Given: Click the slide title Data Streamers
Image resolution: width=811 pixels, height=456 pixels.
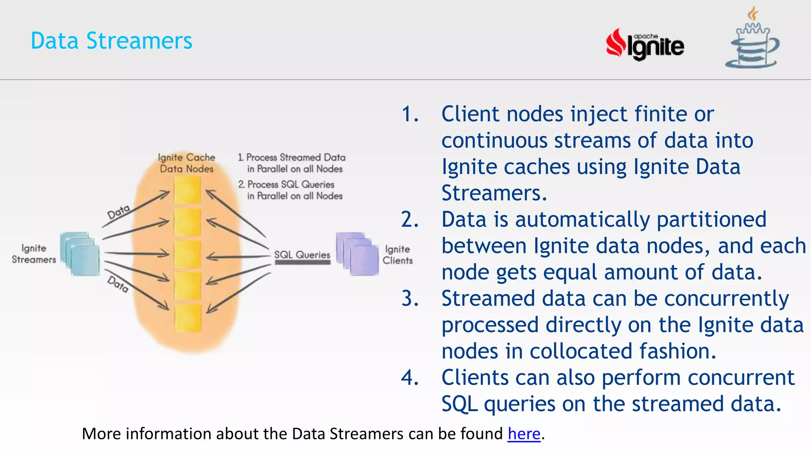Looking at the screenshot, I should click(x=111, y=41).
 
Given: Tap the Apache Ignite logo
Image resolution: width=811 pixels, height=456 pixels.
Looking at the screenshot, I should click(x=645, y=45).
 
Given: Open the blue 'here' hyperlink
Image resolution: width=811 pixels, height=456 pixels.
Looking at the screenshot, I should click(x=524, y=434).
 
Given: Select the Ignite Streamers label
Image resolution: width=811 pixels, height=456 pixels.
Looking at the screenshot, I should click(x=34, y=254).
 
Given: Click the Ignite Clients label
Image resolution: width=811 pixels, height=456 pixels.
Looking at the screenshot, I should click(x=397, y=255).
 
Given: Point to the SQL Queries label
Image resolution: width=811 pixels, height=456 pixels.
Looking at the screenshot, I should click(x=302, y=255).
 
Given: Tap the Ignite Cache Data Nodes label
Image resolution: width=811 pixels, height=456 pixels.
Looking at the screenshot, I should click(x=187, y=163).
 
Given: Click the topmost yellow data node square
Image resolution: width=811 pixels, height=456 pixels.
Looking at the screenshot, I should click(x=187, y=190).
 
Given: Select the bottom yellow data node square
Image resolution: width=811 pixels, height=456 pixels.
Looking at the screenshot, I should click(x=187, y=317).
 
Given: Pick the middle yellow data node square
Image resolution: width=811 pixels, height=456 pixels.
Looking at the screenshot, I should click(x=187, y=254).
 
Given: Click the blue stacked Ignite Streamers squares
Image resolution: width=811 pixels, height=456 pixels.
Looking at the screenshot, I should click(x=80, y=254).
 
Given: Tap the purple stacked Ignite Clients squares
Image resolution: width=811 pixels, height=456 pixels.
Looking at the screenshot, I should click(x=357, y=254).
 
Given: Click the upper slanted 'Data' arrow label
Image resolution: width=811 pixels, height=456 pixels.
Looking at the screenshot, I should click(x=118, y=212).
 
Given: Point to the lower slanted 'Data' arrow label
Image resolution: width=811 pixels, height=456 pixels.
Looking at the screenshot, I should click(x=118, y=284).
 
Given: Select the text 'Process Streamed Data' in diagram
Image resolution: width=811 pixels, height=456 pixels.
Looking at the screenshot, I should click(x=295, y=158).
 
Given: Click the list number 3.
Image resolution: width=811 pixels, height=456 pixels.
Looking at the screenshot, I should click(x=409, y=298).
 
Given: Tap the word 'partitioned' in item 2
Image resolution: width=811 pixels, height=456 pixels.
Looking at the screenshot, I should click(x=711, y=219).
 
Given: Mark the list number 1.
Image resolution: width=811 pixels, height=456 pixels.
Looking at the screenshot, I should click(x=409, y=114).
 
